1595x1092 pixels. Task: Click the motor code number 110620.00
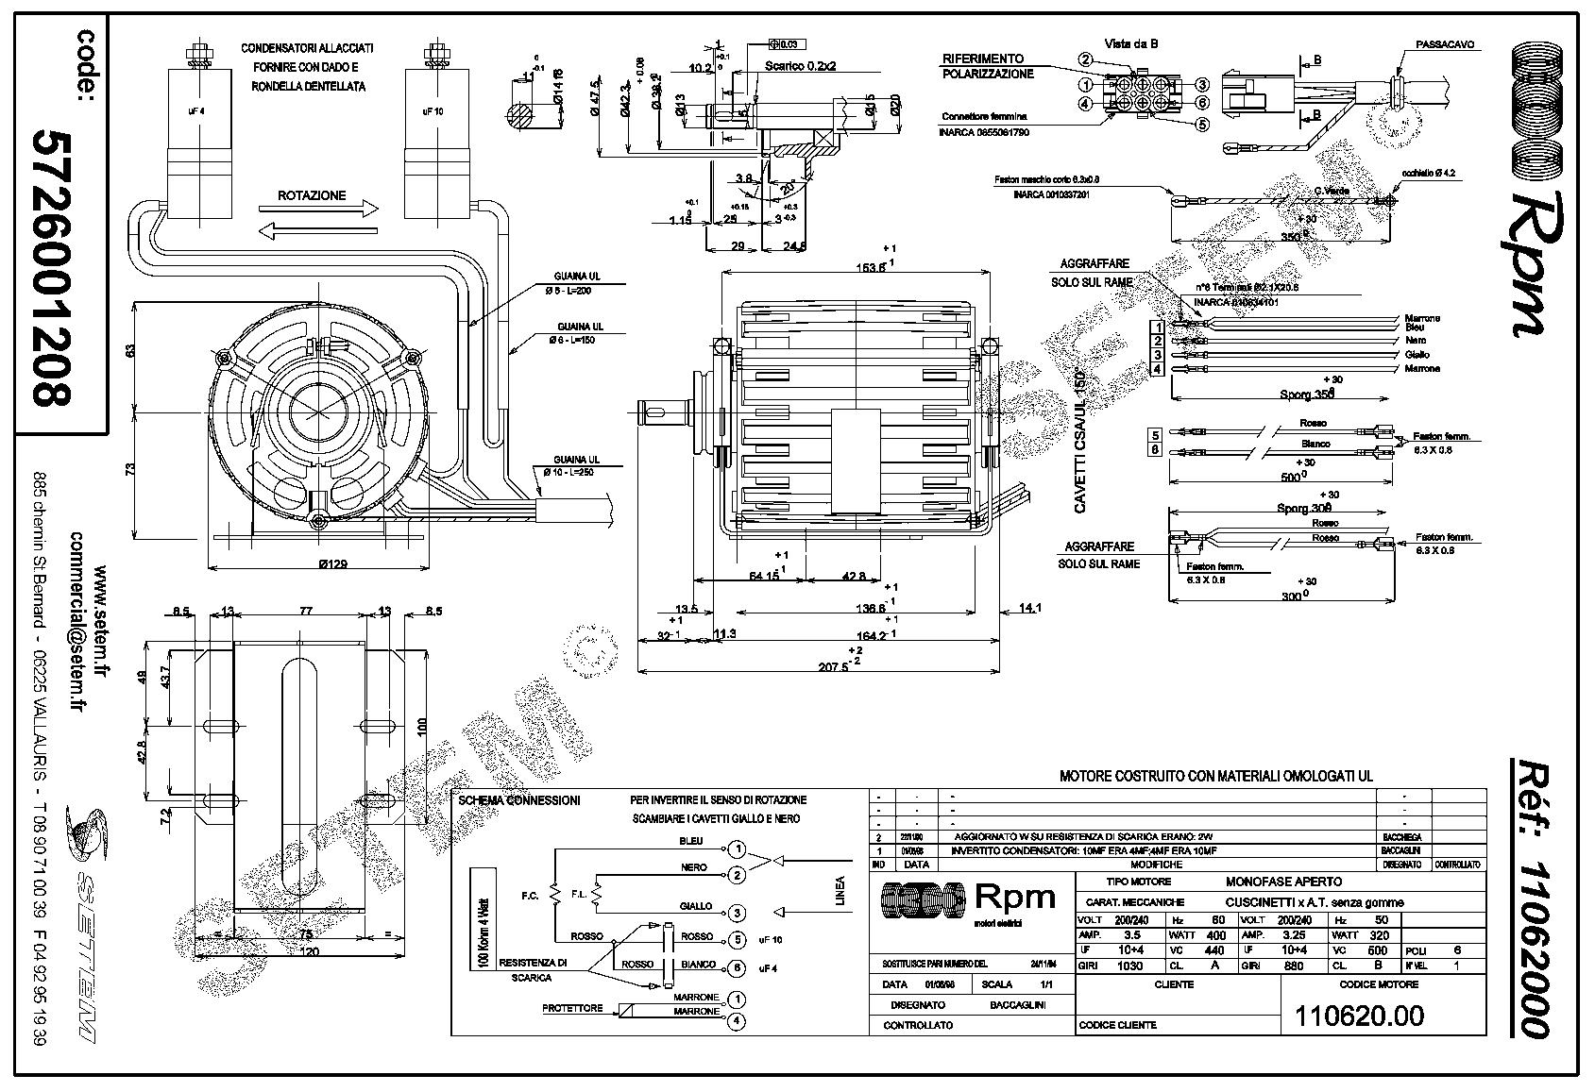point(1359,1016)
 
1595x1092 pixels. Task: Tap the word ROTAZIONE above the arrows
point(312,196)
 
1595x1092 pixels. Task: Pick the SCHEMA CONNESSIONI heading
point(518,800)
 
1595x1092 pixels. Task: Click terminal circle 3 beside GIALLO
point(738,913)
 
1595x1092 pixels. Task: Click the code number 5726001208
point(51,269)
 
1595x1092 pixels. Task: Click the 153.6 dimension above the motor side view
point(870,267)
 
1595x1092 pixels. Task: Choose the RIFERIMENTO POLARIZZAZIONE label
point(987,66)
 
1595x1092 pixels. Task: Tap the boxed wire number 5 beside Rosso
point(1155,435)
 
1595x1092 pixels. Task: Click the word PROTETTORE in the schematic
point(571,1009)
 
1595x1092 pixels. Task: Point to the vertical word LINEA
point(840,892)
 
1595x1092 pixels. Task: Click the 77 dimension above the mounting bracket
point(304,612)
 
